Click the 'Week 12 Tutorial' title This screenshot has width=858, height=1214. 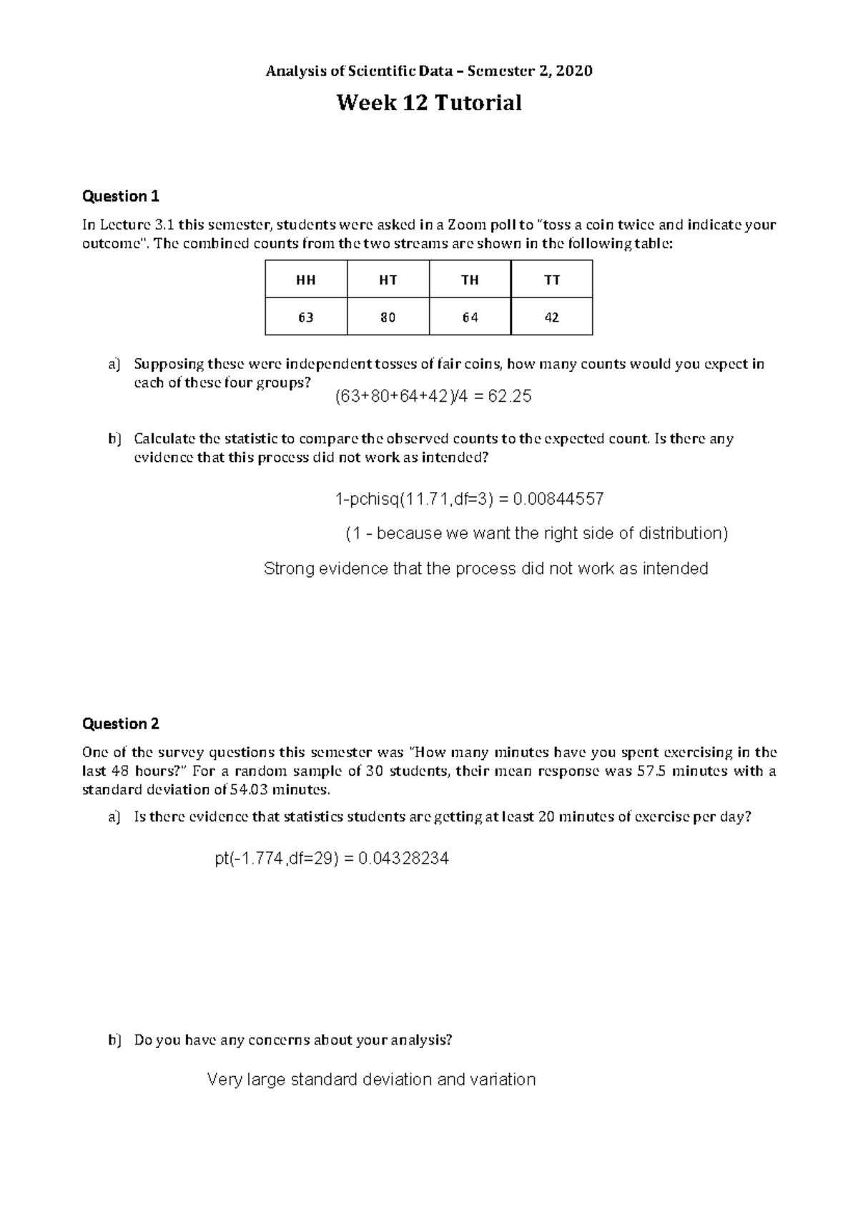429,104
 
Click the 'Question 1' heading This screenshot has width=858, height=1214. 121,196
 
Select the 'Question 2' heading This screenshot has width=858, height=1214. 121,724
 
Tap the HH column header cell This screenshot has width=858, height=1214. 306,280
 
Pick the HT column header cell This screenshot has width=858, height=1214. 388,280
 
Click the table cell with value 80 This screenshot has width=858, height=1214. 388,317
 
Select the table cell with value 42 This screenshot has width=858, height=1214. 551,317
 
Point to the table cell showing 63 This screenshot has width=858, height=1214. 306,317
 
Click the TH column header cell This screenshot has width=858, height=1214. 470,280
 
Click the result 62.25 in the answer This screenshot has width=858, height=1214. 509,397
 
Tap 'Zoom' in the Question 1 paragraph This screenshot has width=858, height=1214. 464,225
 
